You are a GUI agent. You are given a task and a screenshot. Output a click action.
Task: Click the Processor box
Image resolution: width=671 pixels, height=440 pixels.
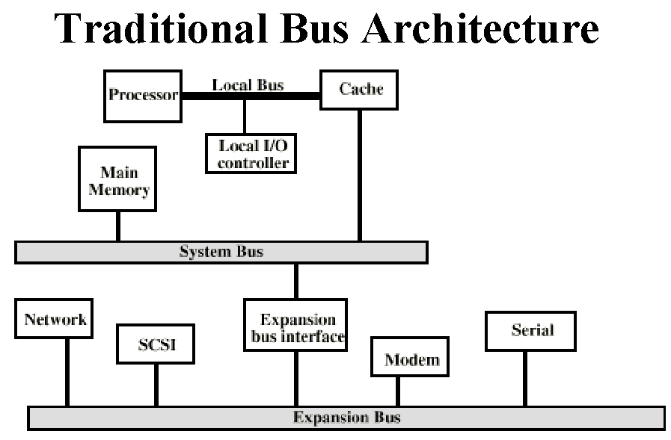point(143,96)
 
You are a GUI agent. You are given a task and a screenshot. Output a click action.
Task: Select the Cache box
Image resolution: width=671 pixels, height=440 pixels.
point(359,90)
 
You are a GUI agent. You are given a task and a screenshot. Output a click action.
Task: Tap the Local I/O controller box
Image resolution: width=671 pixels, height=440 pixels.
point(251,153)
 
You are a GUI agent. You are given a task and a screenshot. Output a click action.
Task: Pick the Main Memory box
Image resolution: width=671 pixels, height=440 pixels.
point(117,179)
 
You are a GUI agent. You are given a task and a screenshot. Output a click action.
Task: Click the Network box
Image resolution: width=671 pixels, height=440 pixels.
point(54,319)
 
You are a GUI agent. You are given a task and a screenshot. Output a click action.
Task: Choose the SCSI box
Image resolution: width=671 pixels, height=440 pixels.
point(156,344)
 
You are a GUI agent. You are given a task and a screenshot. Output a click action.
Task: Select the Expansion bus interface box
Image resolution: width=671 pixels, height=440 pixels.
point(295,325)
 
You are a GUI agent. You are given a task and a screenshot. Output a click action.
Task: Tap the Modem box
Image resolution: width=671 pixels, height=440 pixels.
point(410,356)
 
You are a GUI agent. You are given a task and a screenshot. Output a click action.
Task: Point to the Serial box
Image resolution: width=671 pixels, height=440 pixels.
point(530,332)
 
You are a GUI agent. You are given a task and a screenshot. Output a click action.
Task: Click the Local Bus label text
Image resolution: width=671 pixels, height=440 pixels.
point(248,85)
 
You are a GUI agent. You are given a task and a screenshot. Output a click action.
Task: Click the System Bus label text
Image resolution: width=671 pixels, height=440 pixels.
point(221,251)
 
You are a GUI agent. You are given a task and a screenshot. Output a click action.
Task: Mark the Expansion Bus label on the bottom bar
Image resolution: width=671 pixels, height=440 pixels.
point(346,417)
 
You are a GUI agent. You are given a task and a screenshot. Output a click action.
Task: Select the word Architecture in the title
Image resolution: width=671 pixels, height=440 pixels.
point(480,28)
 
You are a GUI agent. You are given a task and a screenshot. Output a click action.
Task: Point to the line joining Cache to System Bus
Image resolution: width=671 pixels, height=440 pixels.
point(360,176)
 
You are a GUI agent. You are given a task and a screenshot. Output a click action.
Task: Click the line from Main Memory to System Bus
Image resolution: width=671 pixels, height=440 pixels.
point(118,226)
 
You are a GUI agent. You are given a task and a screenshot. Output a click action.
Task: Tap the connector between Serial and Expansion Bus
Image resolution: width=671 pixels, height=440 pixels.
point(525,379)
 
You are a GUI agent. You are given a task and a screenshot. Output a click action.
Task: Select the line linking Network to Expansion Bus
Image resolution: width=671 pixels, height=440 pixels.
point(67,373)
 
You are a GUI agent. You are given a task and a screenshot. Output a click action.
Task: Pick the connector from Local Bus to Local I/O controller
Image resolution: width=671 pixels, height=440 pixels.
point(245,117)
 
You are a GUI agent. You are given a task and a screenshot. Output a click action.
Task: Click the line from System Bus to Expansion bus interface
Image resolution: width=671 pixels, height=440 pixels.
point(296,281)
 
